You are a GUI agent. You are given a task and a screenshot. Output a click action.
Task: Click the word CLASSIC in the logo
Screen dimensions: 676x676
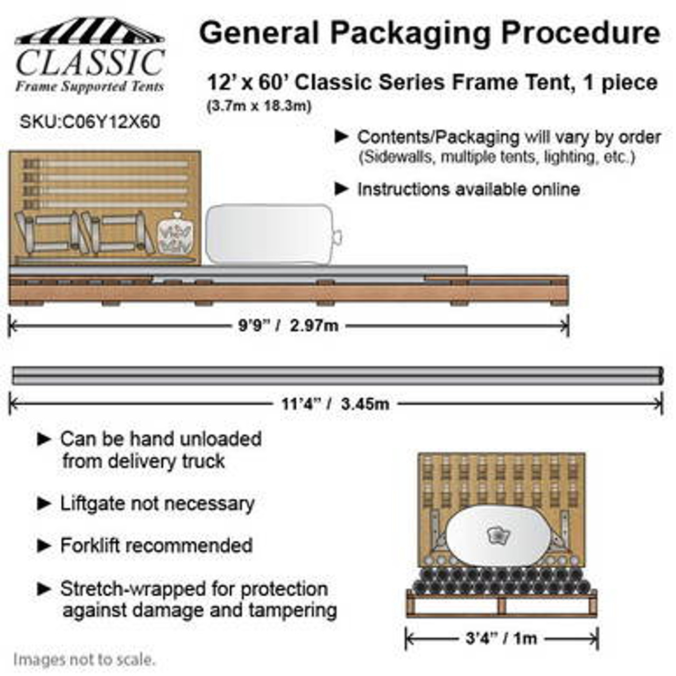pos(90,63)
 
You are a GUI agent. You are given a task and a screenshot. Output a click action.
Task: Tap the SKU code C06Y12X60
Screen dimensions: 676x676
pos(90,122)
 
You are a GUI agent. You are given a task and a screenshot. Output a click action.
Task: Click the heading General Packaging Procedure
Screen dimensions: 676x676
pos(429,33)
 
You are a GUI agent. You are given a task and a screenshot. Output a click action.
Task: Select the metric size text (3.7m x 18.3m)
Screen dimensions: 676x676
pos(259,106)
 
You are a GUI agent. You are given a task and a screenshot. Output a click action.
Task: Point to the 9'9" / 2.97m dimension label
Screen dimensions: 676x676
pos(288,325)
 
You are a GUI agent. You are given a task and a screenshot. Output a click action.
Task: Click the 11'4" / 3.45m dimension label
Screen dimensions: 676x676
pos(335,405)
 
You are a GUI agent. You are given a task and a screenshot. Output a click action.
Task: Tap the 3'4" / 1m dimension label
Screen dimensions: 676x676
pos(501,639)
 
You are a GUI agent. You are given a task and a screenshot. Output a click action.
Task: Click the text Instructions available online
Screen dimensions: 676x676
pos(468,189)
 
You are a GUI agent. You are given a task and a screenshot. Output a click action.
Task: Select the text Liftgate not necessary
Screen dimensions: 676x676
pos(157,503)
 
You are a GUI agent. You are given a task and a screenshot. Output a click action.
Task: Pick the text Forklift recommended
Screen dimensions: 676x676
pos(156,546)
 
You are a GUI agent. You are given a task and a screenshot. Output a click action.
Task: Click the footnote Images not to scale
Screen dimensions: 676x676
pos(84,660)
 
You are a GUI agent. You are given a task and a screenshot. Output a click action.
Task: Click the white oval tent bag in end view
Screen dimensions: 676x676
pos(496,536)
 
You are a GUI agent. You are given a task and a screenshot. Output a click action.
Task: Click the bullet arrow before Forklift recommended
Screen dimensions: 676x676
pos(44,546)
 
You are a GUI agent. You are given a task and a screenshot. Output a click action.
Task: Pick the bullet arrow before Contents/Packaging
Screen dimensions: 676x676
pos(342,137)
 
